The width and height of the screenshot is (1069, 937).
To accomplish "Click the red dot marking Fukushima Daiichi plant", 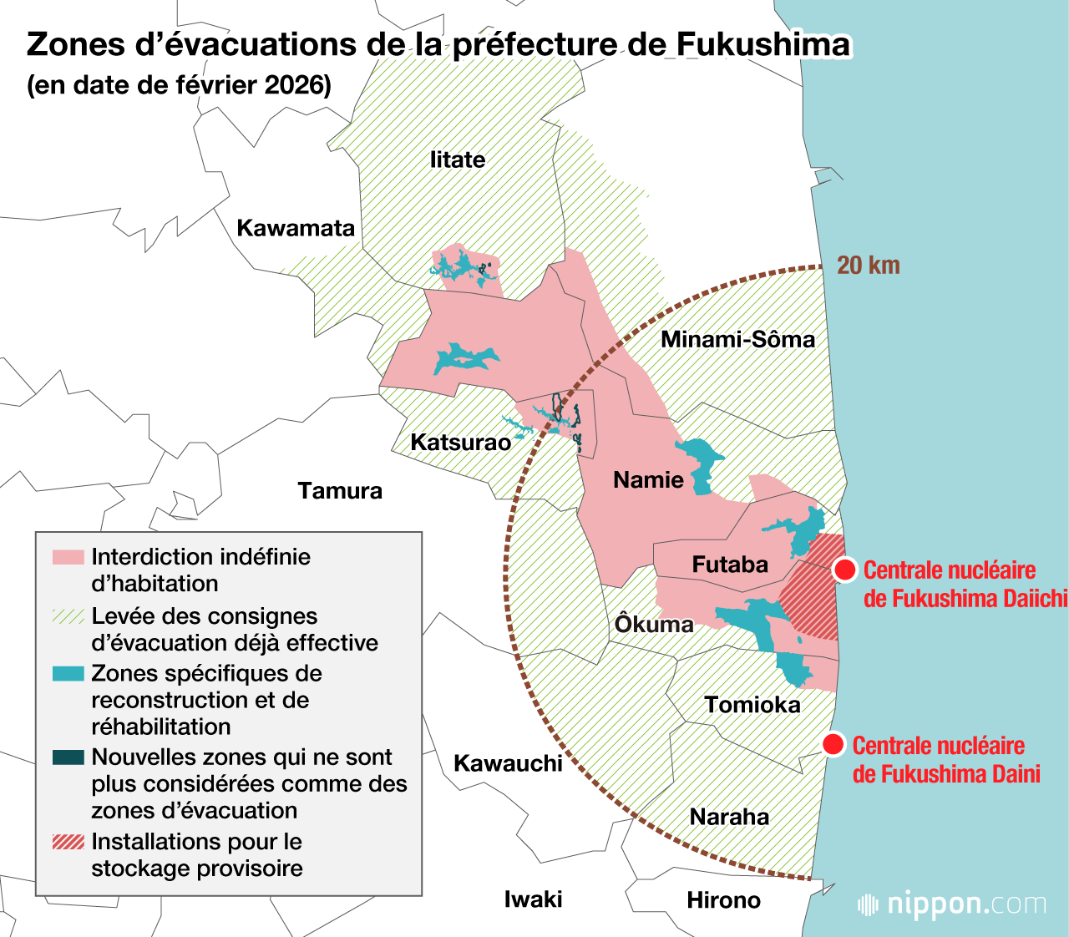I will point(844,570).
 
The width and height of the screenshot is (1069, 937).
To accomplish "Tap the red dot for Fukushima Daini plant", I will point(833,744).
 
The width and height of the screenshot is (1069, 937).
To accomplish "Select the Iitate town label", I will point(457,160).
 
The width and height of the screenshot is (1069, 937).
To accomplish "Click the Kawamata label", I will point(296,228).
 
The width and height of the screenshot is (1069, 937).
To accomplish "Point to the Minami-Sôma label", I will point(737,339).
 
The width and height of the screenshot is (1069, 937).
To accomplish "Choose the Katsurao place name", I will point(460,442).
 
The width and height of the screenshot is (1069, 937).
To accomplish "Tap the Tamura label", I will point(340,490).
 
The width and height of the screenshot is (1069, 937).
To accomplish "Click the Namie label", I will point(648,479).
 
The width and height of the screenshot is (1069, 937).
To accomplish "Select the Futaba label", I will point(729,565).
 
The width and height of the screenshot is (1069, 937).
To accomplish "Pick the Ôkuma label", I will point(654,624).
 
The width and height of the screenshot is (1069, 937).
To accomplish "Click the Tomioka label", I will point(752,705).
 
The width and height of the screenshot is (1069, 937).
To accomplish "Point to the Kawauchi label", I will point(508,763).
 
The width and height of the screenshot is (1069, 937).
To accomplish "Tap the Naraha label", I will point(729,817).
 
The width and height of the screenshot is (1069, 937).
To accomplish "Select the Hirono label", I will point(723,900).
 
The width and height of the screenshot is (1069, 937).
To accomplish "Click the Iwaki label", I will point(533,899).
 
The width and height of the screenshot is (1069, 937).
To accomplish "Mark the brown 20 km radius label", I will point(869,266).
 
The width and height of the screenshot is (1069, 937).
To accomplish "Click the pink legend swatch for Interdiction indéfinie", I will point(68,557).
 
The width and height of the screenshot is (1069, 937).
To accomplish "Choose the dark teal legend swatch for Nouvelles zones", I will point(68,757).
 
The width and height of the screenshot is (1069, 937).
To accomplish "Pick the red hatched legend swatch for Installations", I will point(68,842).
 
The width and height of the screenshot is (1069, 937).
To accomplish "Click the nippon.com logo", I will point(952,904).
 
